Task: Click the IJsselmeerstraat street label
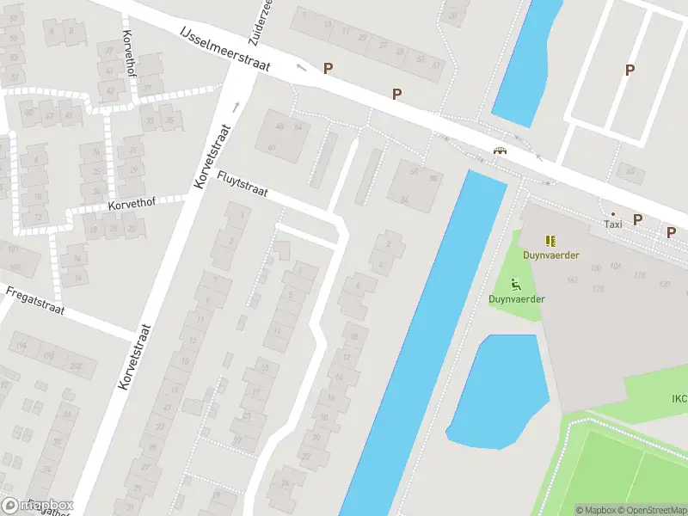pyautogui.click(x=225, y=49)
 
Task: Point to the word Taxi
pyautogui.click(x=613, y=224)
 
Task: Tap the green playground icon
pyautogui.click(x=516, y=285)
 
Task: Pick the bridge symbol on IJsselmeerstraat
pyautogui.click(x=499, y=151)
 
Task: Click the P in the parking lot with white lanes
pyautogui.click(x=630, y=71)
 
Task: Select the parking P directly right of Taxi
pyautogui.click(x=637, y=219)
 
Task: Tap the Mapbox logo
pyautogui.click(x=38, y=506)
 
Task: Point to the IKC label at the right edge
pyautogui.click(x=679, y=398)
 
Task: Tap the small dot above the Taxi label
pyautogui.click(x=612, y=213)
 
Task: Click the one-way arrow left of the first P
pyautogui.click(x=301, y=67)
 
